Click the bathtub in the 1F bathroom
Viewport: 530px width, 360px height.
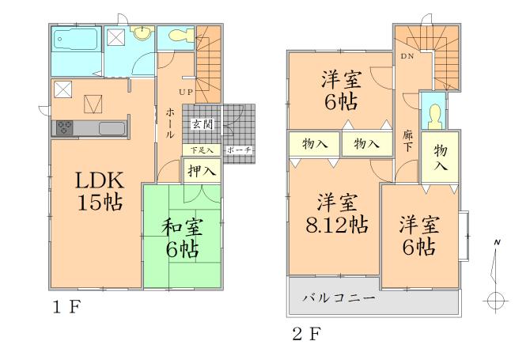(x=76, y=39)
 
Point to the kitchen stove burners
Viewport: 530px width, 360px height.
(x=64, y=127)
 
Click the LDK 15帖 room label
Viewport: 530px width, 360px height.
(x=98, y=191)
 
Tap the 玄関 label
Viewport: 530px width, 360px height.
(x=203, y=124)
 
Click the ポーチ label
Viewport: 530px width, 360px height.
(x=239, y=150)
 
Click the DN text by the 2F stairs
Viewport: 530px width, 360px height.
(x=408, y=57)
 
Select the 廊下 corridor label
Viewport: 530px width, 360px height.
(x=408, y=141)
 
